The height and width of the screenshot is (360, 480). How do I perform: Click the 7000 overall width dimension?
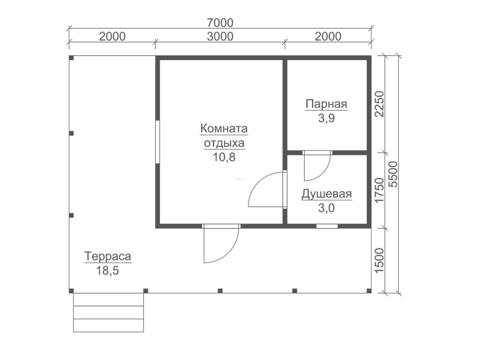220,23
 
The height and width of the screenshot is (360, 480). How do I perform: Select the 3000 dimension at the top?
220,36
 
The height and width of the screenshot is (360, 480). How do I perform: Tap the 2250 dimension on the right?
379,104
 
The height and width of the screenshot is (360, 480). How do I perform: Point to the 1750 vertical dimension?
379,190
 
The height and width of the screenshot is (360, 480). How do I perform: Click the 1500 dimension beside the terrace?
379,261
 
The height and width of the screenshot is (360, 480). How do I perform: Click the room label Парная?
326,104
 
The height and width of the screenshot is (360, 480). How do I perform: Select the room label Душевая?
326,194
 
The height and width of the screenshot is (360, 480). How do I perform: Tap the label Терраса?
108,256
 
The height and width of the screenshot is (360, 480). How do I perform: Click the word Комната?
224,129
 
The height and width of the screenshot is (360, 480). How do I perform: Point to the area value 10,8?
224,157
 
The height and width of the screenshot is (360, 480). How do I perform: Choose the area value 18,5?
108,271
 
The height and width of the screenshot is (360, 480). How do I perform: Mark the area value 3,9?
326,118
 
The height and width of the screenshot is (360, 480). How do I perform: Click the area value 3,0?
326,208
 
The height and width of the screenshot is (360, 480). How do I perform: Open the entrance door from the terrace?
221,243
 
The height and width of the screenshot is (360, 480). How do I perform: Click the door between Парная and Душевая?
317,165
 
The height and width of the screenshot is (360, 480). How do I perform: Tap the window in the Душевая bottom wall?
327,226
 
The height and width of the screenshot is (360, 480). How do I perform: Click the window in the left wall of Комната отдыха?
157,142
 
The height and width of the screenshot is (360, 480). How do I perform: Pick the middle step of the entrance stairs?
108,312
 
